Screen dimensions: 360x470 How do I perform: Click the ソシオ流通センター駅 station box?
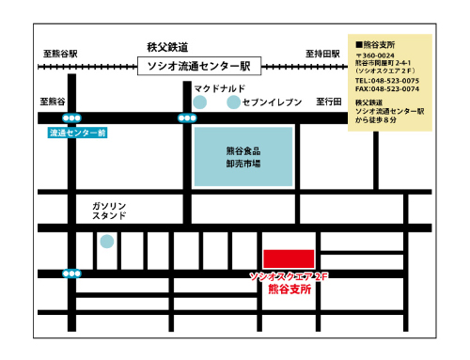(x=196, y=66)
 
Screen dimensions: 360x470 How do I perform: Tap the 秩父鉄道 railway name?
(x=168, y=46)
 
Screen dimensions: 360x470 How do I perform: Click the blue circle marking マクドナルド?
(x=199, y=101)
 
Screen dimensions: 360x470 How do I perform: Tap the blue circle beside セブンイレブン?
(x=233, y=101)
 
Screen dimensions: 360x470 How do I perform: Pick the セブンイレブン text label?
(x=272, y=101)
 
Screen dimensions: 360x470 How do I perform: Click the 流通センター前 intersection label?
(x=78, y=133)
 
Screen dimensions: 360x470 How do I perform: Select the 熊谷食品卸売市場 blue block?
(x=243, y=156)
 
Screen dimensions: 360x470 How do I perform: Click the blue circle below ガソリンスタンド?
(x=107, y=242)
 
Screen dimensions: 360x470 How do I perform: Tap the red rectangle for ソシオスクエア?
(x=289, y=258)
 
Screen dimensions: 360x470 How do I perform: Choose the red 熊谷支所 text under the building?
(x=290, y=290)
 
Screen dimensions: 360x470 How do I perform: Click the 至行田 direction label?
(x=330, y=101)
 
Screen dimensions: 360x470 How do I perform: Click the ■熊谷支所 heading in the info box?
(x=375, y=45)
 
